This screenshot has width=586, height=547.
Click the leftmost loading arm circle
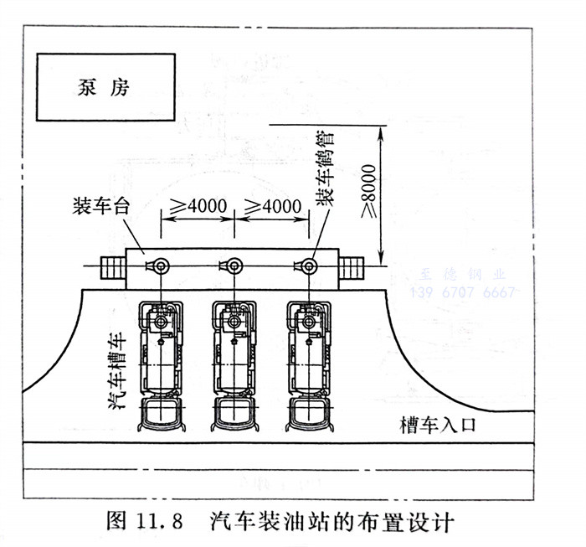tap(160, 266)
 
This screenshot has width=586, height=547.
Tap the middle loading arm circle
tap(234, 266)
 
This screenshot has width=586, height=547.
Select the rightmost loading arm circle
tap(309, 266)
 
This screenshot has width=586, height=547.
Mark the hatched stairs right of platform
tap(351, 267)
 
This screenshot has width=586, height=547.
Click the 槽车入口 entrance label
tap(438, 425)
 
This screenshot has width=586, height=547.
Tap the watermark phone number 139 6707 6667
tap(462, 292)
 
